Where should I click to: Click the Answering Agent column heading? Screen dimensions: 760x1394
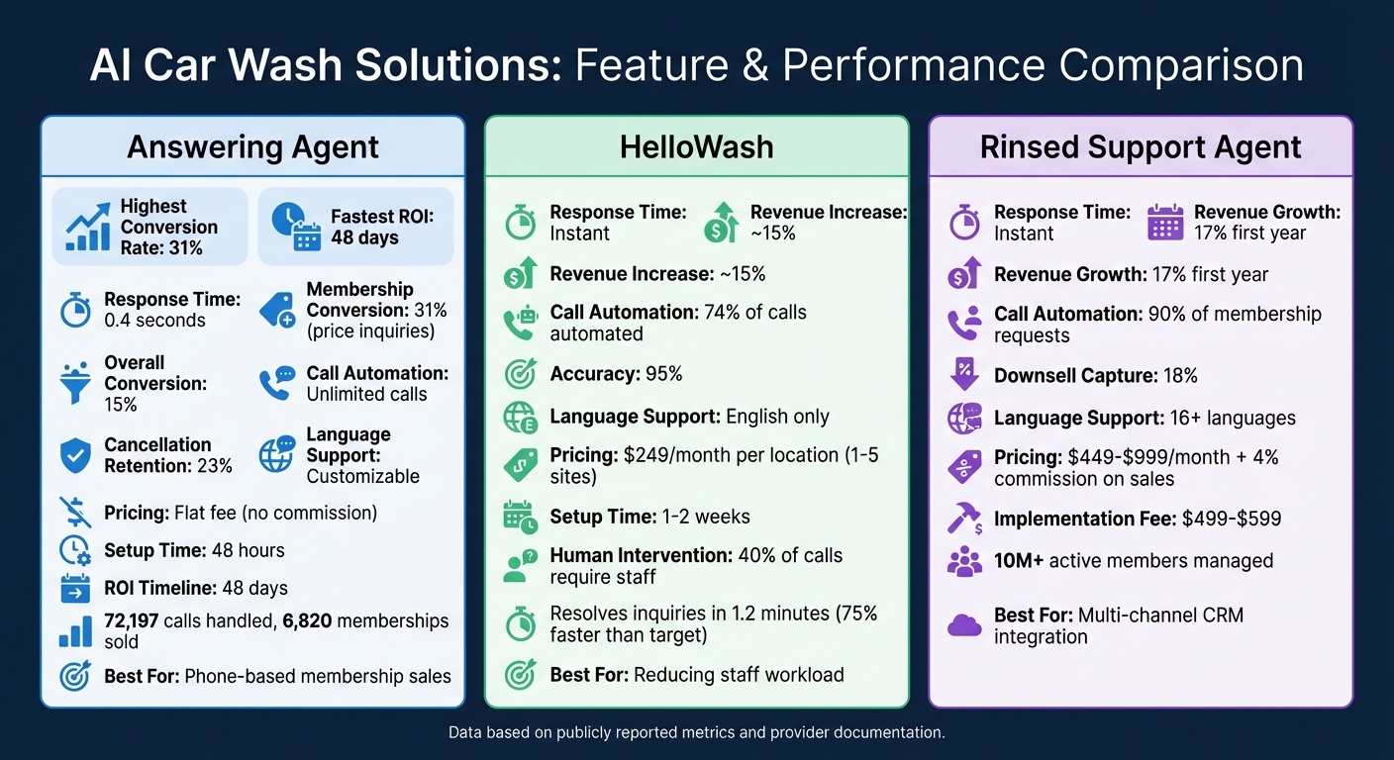(252, 147)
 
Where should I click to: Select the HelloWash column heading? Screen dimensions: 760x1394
(696, 147)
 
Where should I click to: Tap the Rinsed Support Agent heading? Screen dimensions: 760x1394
(1141, 147)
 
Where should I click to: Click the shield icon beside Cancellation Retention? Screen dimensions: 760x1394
(75, 455)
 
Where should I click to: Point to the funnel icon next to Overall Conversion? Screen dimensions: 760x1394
(75, 383)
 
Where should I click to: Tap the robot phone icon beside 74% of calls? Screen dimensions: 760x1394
(521, 323)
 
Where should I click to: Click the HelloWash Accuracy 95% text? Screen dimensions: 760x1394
(616, 373)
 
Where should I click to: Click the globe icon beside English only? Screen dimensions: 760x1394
(521, 417)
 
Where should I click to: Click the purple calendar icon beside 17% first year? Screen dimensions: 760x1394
(1165, 223)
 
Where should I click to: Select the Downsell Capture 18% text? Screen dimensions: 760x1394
(1095, 375)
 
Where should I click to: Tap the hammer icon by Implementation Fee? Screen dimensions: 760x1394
(964, 520)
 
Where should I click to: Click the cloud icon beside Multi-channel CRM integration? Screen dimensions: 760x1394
(964, 625)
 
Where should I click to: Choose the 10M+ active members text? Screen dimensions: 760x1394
(1133, 560)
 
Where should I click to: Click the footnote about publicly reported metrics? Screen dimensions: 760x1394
(696, 733)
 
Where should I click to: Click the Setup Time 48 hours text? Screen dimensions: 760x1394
(194, 550)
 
